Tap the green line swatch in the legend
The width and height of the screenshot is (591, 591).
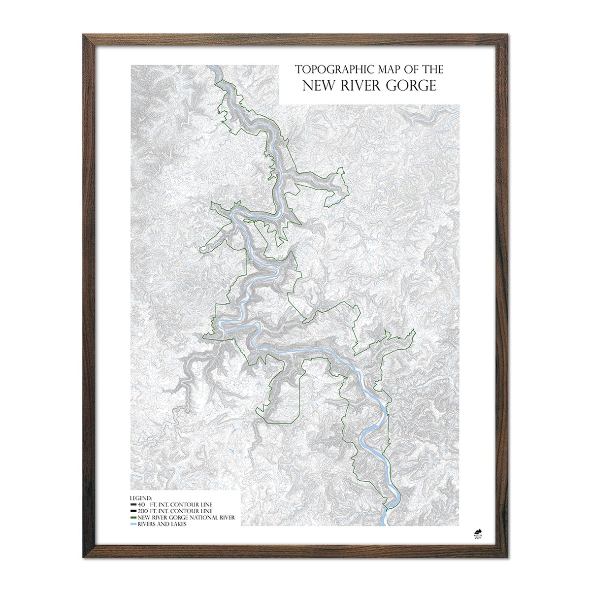133,518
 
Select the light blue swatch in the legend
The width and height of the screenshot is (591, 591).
133,524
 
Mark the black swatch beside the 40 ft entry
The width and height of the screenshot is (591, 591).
133,505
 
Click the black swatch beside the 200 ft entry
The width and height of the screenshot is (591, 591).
133,512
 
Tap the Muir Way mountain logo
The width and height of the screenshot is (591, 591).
477,531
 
